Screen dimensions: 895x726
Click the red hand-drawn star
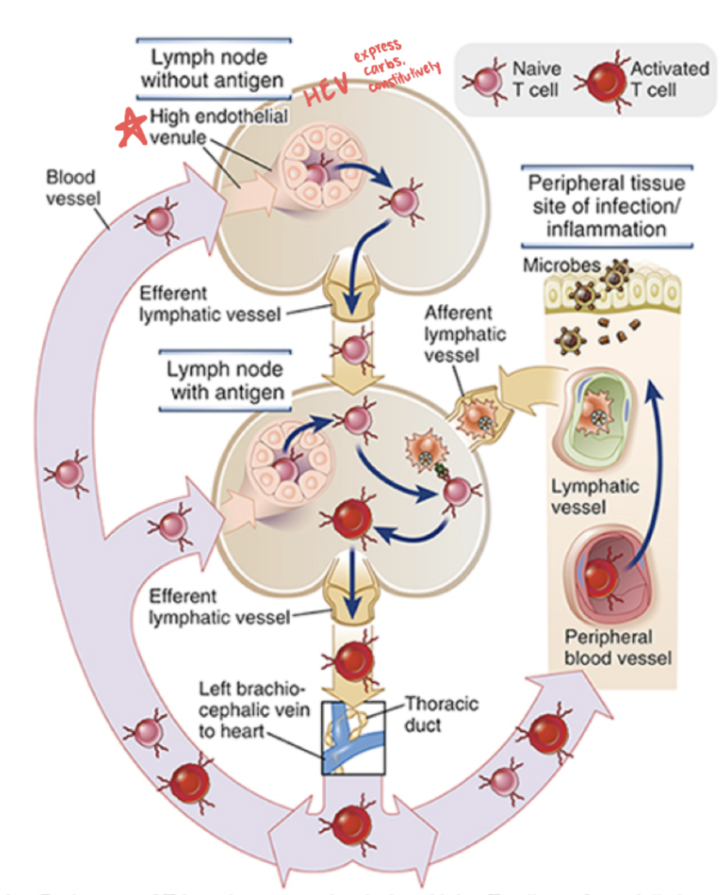tap(131, 128)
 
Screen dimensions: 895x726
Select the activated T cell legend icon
tap(602, 81)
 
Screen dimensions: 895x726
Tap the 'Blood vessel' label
tap(72, 188)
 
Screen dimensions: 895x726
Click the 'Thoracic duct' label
tap(441, 713)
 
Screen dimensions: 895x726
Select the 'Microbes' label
tap(561, 265)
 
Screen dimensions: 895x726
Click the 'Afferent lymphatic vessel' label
tap(464, 334)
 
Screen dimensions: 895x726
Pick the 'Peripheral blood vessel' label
tap(616, 647)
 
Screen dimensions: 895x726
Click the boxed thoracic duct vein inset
tap(353, 737)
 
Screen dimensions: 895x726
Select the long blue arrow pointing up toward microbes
tap(657, 467)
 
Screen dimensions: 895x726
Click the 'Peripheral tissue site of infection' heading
tap(606, 205)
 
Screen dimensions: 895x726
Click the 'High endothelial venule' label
tap(218, 126)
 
